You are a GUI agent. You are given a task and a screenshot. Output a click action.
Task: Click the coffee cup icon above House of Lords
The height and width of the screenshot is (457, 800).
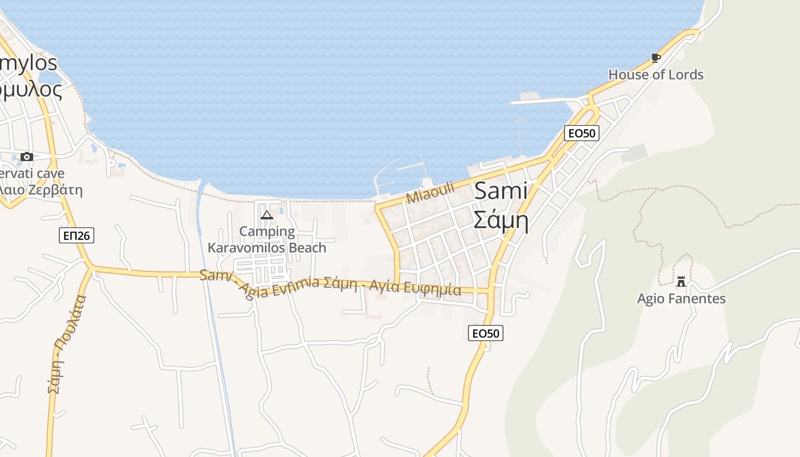point(655,58)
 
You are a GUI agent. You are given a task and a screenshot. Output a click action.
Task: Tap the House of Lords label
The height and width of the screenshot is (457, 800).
point(655,74)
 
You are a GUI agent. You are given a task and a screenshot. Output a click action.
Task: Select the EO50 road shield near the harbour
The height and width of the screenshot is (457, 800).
point(581,133)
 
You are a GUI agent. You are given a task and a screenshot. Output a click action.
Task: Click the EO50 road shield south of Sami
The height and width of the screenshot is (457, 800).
point(485,333)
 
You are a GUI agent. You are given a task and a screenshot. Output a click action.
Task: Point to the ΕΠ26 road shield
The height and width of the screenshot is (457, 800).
point(76,235)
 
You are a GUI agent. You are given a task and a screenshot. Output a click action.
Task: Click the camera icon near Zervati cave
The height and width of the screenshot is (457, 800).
point(26,157)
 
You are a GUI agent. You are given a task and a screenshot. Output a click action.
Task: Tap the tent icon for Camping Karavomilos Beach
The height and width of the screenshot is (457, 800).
point(266,215)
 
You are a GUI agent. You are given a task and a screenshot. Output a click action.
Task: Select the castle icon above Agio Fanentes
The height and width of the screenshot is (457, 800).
point(681,281)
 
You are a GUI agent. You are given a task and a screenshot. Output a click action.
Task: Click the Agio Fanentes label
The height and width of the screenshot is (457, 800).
point(681,298)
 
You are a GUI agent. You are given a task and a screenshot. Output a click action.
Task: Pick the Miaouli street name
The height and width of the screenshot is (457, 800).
point(430,193)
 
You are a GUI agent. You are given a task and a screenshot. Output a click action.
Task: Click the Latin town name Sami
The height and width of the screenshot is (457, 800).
point(501,191)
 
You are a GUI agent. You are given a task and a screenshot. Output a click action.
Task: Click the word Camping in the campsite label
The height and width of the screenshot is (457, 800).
point(267,231)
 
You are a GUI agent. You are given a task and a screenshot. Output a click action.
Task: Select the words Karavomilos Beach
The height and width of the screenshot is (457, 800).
point(267,247)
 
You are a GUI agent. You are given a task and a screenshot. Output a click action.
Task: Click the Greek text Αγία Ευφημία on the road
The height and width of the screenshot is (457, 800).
point(415,287)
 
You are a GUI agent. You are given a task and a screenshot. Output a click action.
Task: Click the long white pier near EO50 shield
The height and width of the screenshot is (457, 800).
point(543,102)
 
